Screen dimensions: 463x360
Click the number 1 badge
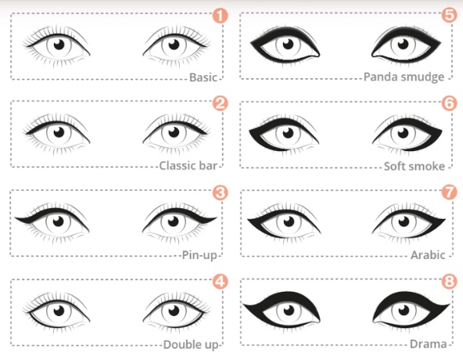click(221, 16)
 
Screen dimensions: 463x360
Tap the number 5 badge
click(450, 15)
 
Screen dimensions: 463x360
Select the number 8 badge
click(450, 282)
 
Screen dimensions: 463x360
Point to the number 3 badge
click(221, 193)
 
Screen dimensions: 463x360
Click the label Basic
click(203, 77)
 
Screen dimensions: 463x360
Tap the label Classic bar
click(188, 166)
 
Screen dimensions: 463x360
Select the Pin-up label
click(199, 255)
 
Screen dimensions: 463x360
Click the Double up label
click(191, 344)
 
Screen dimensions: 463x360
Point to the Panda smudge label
click(404, 77)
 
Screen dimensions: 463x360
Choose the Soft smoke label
click(415, 167)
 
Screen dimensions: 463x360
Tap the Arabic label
click(428, 255)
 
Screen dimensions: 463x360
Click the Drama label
click(428, 344)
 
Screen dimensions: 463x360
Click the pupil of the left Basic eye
click(59, 45)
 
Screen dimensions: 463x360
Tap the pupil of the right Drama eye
click(404, 311)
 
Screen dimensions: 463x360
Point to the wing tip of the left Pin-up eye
click(16, 218)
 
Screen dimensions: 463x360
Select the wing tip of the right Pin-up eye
click(217, 218)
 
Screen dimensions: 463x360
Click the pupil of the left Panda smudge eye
click(288, 45)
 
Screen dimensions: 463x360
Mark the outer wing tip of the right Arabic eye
click(445, 219)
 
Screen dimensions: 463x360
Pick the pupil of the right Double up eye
click(174, 311)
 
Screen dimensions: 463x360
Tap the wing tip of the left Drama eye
click(243, 304)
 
